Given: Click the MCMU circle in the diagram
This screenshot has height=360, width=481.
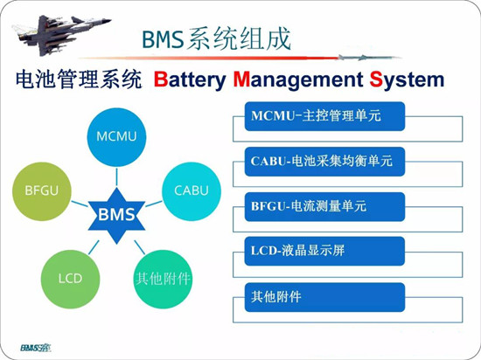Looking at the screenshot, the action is (116, 137).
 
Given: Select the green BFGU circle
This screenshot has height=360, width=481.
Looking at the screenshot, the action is (42, 191).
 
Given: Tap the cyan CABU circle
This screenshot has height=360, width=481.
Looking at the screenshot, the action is (192, 191).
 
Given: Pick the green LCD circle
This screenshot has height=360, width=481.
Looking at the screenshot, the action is (70, 279).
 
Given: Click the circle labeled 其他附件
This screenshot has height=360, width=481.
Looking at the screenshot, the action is (163, 279).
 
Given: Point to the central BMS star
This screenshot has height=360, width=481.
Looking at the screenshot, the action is (116, 216).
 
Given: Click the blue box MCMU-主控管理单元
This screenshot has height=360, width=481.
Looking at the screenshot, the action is (324, 116).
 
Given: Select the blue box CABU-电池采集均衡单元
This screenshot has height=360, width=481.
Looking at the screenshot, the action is (324, 162).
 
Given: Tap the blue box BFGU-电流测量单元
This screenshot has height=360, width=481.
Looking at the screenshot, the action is (324, 207).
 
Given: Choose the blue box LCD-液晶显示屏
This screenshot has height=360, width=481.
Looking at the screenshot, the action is (324, 252).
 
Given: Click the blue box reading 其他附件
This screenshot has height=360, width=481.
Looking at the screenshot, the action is (324, 297).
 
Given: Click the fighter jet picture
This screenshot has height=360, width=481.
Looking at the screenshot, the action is (60, 34).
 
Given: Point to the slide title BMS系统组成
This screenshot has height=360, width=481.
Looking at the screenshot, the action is (216, 39).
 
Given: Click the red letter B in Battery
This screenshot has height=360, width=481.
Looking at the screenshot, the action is (161, 80).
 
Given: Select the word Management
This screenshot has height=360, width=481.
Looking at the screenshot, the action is (298, 80).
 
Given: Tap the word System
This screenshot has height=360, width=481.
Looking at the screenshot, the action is (407, 80).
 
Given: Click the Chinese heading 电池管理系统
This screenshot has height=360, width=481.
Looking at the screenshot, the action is (79, 80).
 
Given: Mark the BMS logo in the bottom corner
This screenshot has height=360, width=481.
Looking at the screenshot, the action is (36, 348).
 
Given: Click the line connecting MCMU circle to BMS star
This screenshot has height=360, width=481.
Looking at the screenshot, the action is (116, 177).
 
